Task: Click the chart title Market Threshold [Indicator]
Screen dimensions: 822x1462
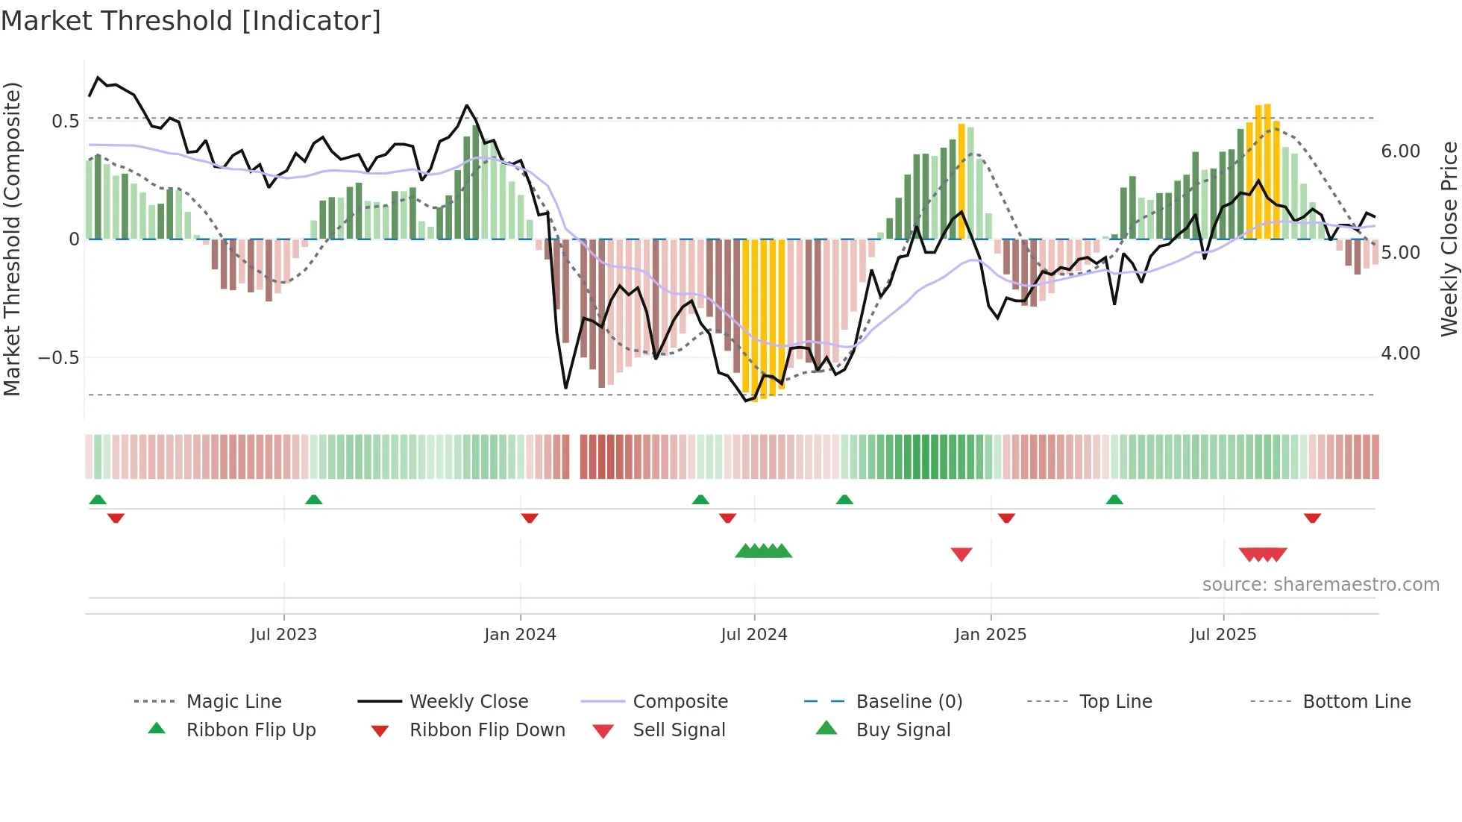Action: tap(191, 21)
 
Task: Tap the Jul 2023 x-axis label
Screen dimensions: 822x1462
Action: tap(283, 635)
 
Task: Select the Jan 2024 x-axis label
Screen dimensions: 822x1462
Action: tap(520, 635)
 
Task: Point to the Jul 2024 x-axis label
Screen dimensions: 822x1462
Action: tap(754, 635)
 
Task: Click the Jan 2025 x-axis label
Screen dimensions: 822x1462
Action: tap(991, 635)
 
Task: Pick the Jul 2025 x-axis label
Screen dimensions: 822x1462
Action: tap(1223, 635)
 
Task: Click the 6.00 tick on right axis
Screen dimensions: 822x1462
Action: tap(1401, 151)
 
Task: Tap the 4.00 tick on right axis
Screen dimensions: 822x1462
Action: tap(1401, 354)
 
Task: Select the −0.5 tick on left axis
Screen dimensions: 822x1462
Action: tap(58, 358)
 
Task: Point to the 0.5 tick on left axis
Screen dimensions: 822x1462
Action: tap(65, 122)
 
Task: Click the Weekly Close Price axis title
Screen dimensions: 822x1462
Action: tap(1449, 239)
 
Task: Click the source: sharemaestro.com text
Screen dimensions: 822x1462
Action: tap(1320, 585)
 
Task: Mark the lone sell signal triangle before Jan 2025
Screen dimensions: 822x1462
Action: tap(961, 554)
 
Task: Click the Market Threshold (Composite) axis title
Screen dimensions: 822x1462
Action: tap(12, 239)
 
